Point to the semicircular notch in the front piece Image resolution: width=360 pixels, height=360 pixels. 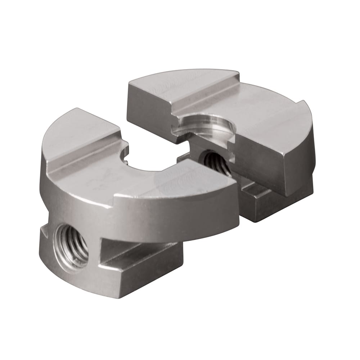tap(151, 162)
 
